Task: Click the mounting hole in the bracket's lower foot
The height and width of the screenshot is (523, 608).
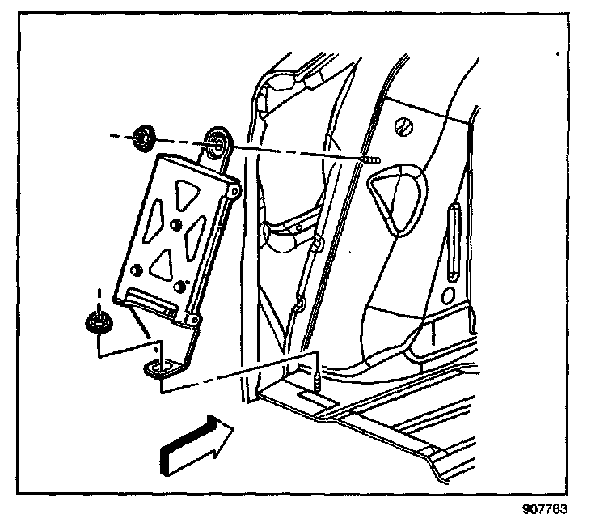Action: point(159,368)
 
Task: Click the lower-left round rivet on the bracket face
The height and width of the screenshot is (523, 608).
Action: point(138,270)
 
